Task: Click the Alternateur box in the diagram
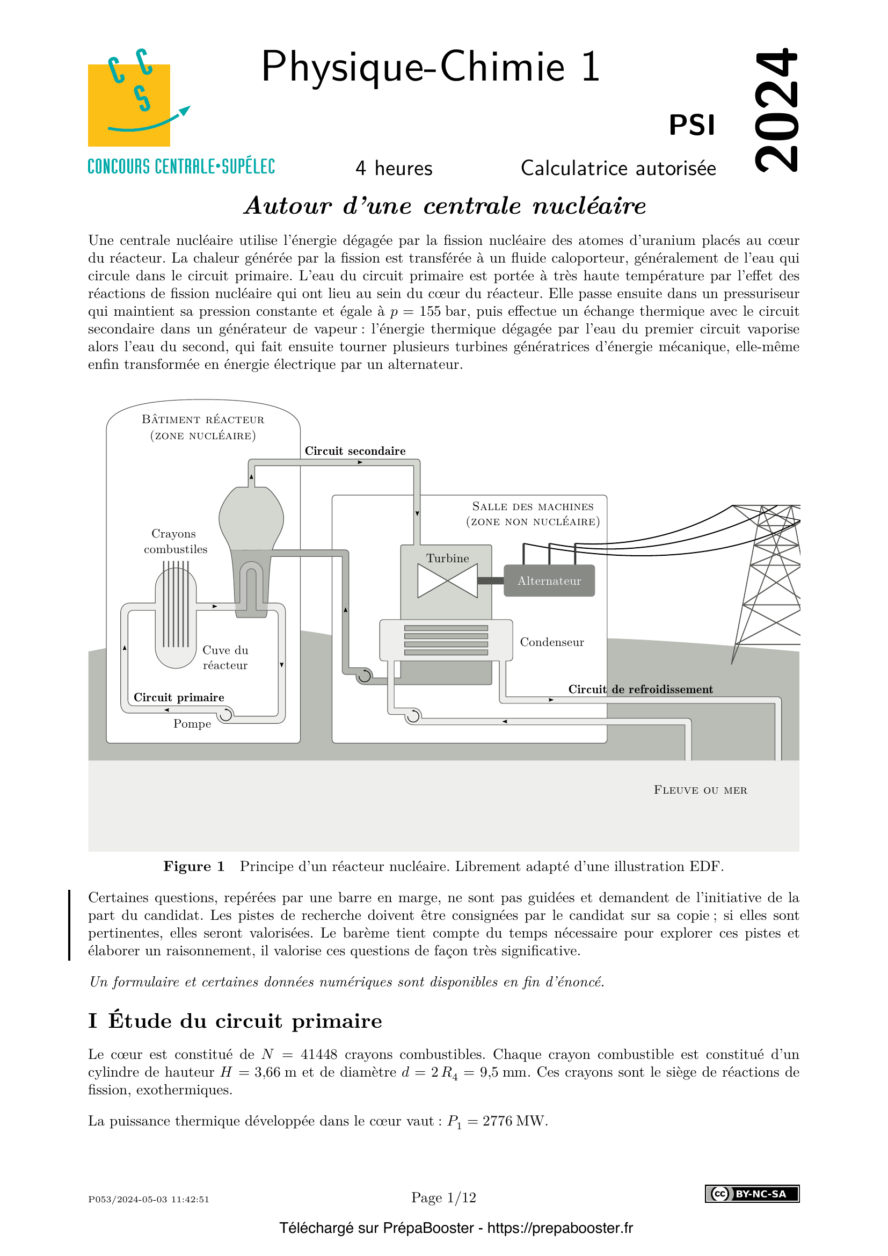pos(549,580)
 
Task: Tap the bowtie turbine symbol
pos(447,580)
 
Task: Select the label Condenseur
pos(552,642)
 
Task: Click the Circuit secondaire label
pos(355,451)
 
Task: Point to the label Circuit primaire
pos(179,697)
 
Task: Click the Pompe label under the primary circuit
pos(192,724)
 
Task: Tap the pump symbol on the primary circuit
pos(225,714)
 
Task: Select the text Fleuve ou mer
pos(700,790)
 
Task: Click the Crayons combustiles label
pos(175,541)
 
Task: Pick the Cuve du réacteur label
pos(225,658)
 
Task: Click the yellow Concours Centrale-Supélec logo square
pos(129,105)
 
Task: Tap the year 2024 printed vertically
pos(776,110)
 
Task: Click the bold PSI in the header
pos(692,125)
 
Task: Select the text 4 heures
pos(394,168)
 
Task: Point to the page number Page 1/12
pos(443,1197)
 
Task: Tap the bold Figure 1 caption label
pos(194,867)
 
